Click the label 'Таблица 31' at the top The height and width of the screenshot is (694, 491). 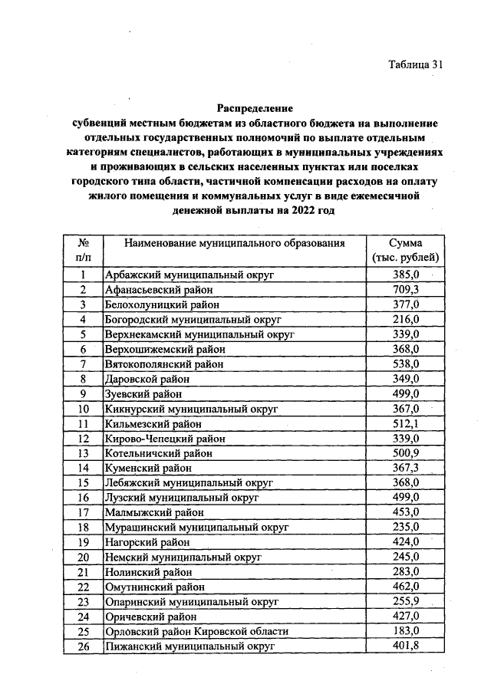click(x=416, y=64)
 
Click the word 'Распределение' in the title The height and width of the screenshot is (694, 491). click(x=254, y=108)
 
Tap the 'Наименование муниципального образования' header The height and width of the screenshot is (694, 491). click(x=235, y=243)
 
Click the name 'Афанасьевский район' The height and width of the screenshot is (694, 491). click(x=158, y=289)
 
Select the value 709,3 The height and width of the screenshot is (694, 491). click(x=404, y=289)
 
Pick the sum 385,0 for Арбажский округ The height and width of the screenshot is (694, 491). click(x=404, y=274)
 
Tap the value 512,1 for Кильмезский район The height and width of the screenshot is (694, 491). click(x=404, y=423)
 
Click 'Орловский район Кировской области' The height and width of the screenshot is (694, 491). click(x=196, y=631)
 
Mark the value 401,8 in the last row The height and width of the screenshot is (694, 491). click(x=404, y=646)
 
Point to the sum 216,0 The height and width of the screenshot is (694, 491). click(x=404, y=319)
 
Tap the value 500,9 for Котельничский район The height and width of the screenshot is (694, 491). click(x=404, y=453)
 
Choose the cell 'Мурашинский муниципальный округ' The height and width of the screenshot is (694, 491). click(x=196, y=528)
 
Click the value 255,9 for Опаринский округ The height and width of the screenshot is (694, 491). click(x=404, y=601)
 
